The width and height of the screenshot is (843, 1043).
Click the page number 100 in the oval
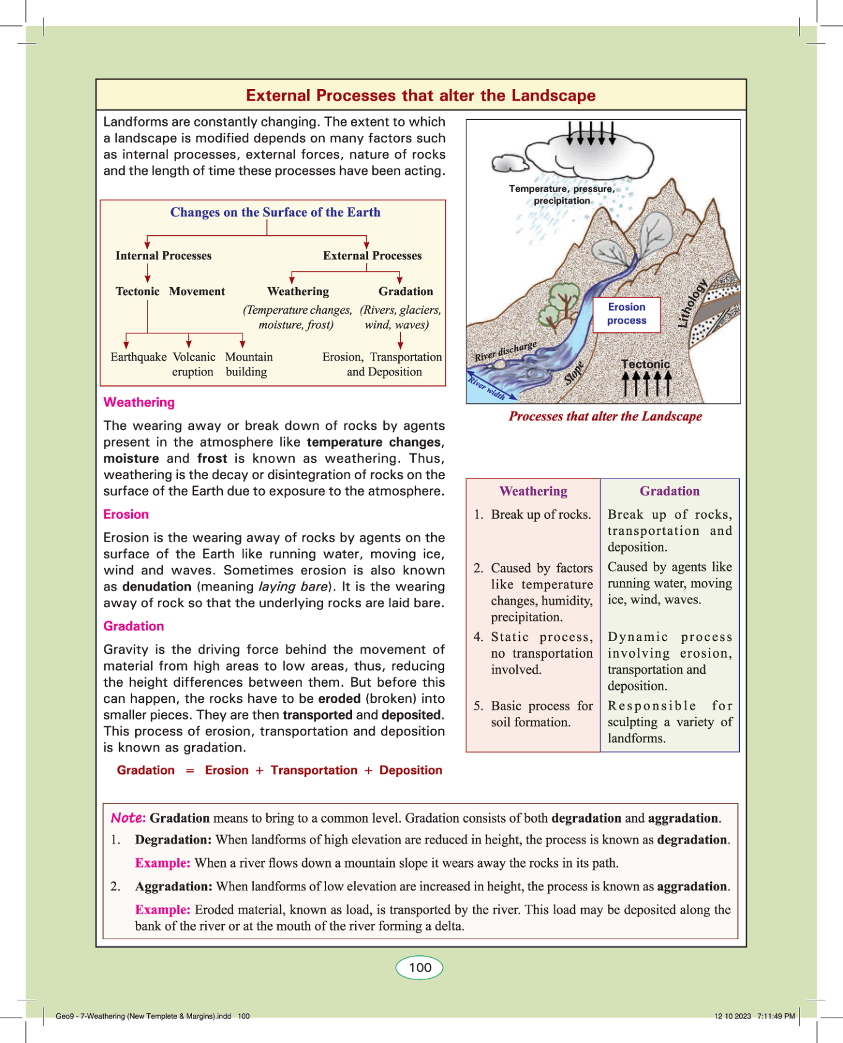coord(419,967)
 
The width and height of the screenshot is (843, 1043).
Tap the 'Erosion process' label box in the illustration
coord(626,314)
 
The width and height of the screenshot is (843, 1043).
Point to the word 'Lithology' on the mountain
coord(693,303)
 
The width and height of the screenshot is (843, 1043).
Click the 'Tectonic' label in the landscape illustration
coord(645,364)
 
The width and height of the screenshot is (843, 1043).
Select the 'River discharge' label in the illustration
coord(505,351)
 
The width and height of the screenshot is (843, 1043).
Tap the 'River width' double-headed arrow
coord(492,387)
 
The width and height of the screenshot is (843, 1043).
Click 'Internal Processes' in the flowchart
coord(163,256)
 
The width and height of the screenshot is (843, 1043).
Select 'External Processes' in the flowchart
coord(372,256)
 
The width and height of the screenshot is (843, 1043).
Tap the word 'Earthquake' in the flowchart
coord(138,357)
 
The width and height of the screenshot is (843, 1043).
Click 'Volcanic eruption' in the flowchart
coord(193,364)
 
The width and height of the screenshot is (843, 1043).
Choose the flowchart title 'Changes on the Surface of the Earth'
coord(275,212)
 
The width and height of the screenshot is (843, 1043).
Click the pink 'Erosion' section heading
coord(126,514)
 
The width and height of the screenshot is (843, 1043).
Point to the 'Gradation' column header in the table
coord(669,492)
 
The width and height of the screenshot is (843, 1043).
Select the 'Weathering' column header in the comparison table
coord(533,492)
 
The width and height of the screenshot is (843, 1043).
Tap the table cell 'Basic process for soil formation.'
coord(534,714)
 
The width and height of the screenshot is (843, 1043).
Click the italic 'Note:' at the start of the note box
coord(128,818)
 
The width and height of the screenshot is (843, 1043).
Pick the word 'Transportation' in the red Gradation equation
coord(314,770)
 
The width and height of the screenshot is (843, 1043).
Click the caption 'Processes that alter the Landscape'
coord(605,416)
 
